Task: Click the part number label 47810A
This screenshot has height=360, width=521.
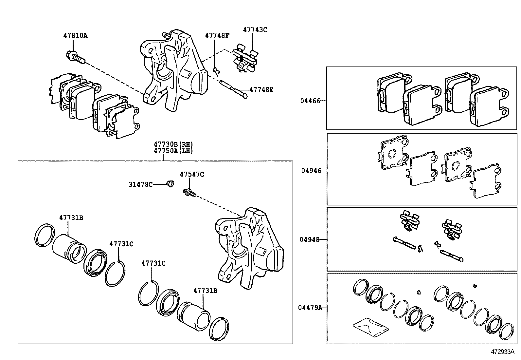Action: [75, 36]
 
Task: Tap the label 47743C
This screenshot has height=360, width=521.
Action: [255, 30]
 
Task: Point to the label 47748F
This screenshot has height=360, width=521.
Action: [217, 36]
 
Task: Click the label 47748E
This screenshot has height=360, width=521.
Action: [261, 89]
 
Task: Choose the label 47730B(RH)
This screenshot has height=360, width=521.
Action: [173, 144]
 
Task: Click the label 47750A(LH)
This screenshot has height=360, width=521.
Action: [173, 151]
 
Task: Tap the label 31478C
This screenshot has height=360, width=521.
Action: [140, 184]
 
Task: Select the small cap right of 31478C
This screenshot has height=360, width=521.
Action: [170, 184]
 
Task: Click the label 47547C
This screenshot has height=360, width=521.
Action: [191, 175]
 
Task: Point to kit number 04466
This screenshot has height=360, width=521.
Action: [310, 101]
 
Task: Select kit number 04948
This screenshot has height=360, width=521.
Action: [310, 239]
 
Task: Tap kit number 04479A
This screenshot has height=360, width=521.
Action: [310, 308]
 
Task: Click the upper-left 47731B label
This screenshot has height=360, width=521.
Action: [71, 218]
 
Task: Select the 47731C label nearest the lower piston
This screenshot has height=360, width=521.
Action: [153, 263]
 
